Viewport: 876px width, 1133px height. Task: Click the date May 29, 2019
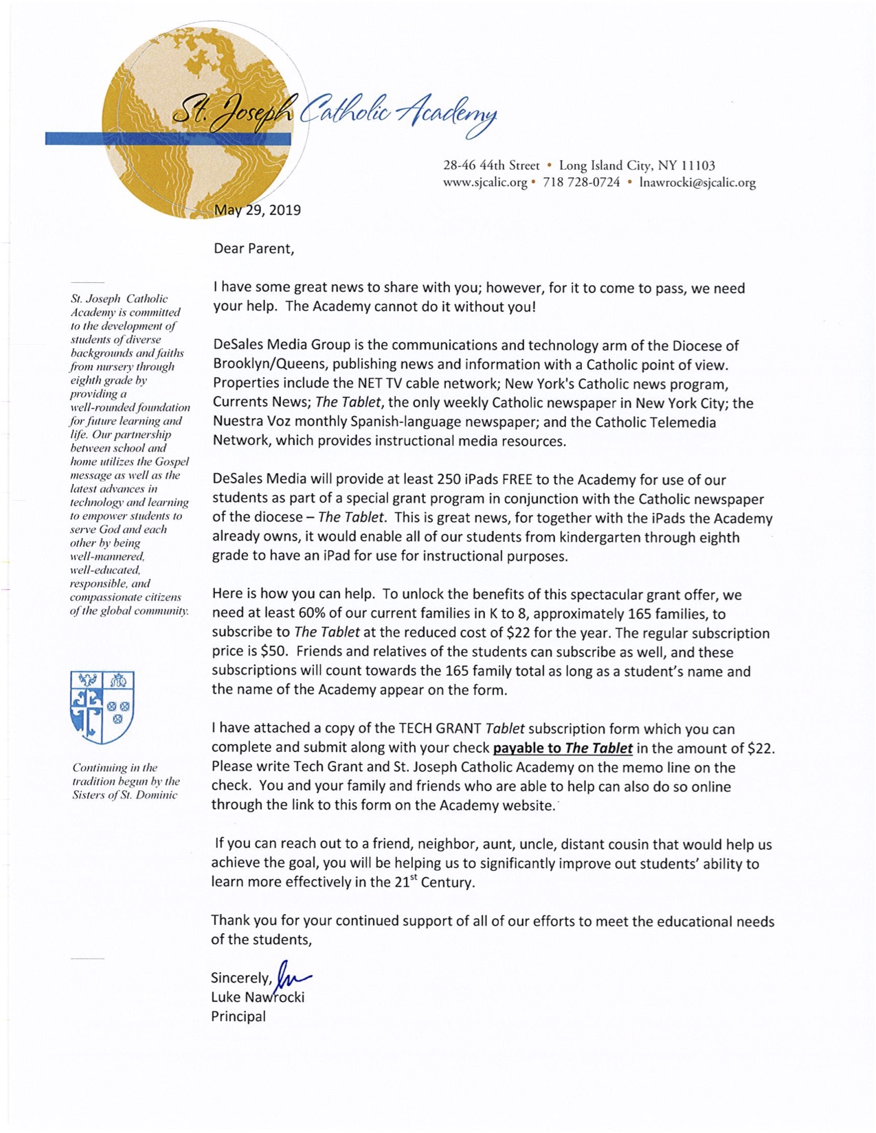(257, 210)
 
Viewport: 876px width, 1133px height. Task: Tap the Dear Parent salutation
(254, 249)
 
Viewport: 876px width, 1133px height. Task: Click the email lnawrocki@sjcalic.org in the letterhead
(697, 183)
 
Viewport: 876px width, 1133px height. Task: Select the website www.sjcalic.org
(485, 183)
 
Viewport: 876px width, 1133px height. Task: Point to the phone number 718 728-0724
(581, 183)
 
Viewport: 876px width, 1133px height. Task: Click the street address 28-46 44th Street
(491, 165)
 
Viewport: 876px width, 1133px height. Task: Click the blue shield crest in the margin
(102, 707)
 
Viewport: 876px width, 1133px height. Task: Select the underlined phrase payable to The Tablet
(563, 748)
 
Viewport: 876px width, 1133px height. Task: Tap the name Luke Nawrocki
(257, 997)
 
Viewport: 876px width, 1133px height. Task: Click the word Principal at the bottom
(238, 1016)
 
